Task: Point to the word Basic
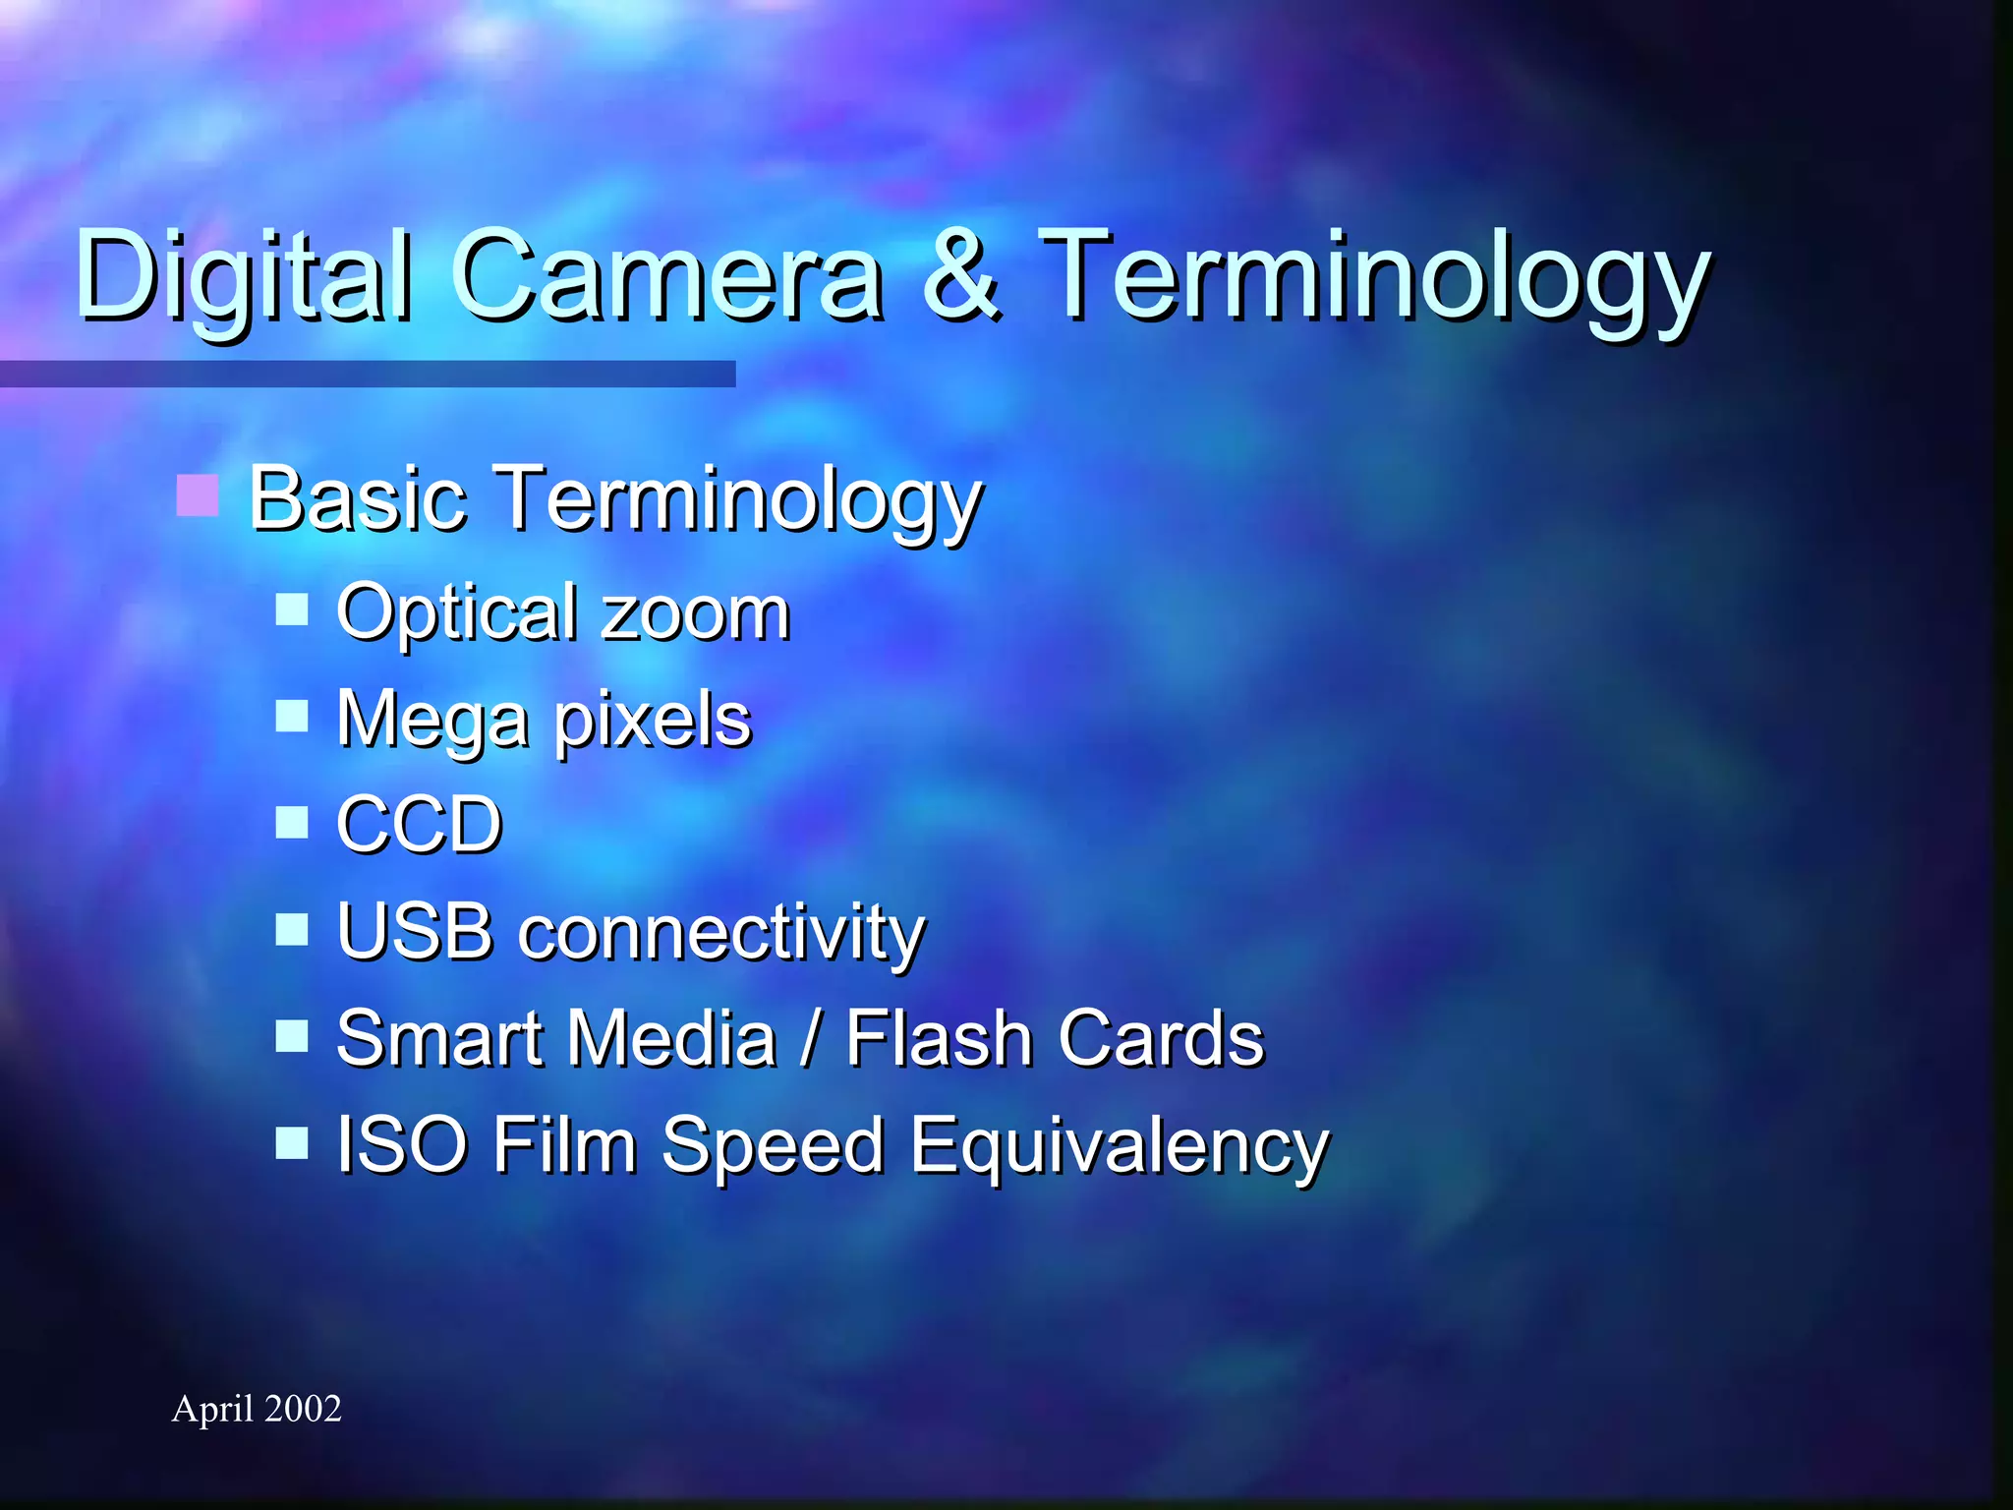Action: point(357,499)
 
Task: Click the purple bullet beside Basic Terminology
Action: point(198,494)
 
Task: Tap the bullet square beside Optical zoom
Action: point(292,610)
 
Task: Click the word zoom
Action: point(696,613)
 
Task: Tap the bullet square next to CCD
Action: point(292,822)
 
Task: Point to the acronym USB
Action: point(414,931)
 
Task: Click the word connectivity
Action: point(721,933)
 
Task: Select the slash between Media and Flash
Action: point(810,1038)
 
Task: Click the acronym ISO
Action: point(402,1144)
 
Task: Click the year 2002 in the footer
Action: point(303,1409)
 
